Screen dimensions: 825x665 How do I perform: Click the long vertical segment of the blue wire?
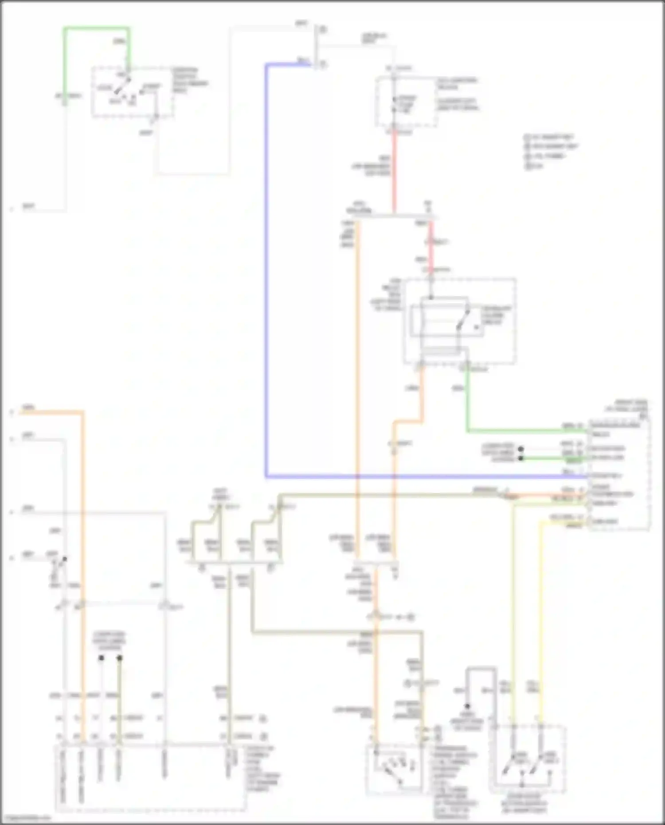pos(266,266)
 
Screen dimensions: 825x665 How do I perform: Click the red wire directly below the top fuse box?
pos(394,173)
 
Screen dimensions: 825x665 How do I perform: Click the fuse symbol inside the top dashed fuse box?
pos(394,105)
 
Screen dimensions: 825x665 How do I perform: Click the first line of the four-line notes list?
pos(550,137)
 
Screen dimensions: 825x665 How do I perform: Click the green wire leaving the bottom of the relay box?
pos(467,399)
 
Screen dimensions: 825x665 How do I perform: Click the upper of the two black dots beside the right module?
pos(521,449)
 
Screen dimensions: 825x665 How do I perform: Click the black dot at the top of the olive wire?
pos(119,658)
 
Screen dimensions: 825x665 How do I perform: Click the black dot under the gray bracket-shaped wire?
pos(467,706)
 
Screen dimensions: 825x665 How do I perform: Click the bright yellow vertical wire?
pos(540,621)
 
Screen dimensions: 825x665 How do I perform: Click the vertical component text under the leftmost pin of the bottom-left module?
pos(63,776)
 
